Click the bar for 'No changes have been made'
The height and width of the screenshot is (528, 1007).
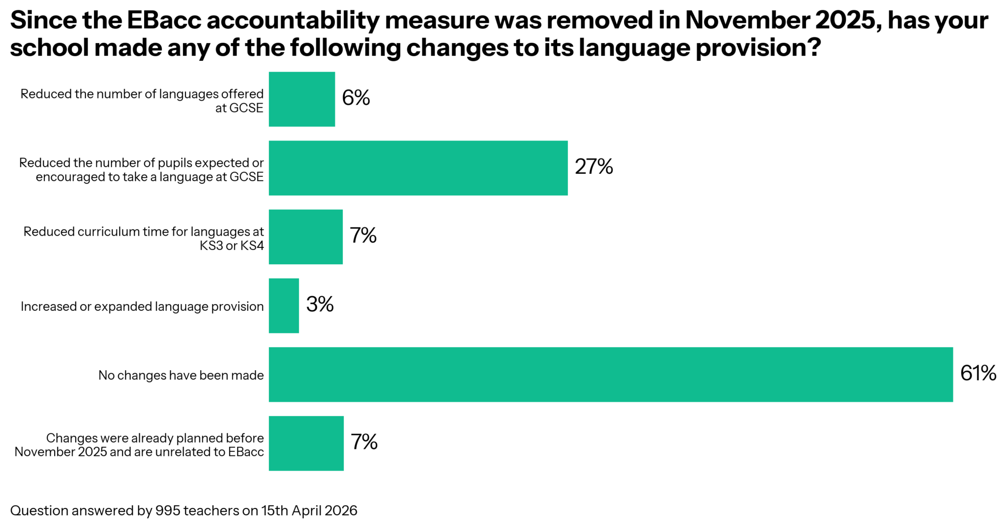611,374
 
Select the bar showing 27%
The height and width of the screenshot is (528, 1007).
418,168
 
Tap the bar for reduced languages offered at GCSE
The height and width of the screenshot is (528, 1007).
302,99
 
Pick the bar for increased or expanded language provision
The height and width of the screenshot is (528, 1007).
284,306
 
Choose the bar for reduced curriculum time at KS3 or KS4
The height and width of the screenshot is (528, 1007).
305,237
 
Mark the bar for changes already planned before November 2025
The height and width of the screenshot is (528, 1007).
306,443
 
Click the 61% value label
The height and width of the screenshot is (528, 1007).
978,373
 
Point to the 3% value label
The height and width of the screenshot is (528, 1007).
320,305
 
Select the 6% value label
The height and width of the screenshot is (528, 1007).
356,98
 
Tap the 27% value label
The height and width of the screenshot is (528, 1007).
594,167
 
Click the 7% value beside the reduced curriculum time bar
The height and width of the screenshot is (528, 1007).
363,235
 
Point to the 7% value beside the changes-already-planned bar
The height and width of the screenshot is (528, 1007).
364,442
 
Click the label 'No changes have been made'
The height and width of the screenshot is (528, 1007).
181,375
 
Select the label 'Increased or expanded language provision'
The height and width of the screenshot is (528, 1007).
142,306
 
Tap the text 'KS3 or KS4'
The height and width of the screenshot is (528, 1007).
232,246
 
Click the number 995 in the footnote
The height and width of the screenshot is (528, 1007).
168,511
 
